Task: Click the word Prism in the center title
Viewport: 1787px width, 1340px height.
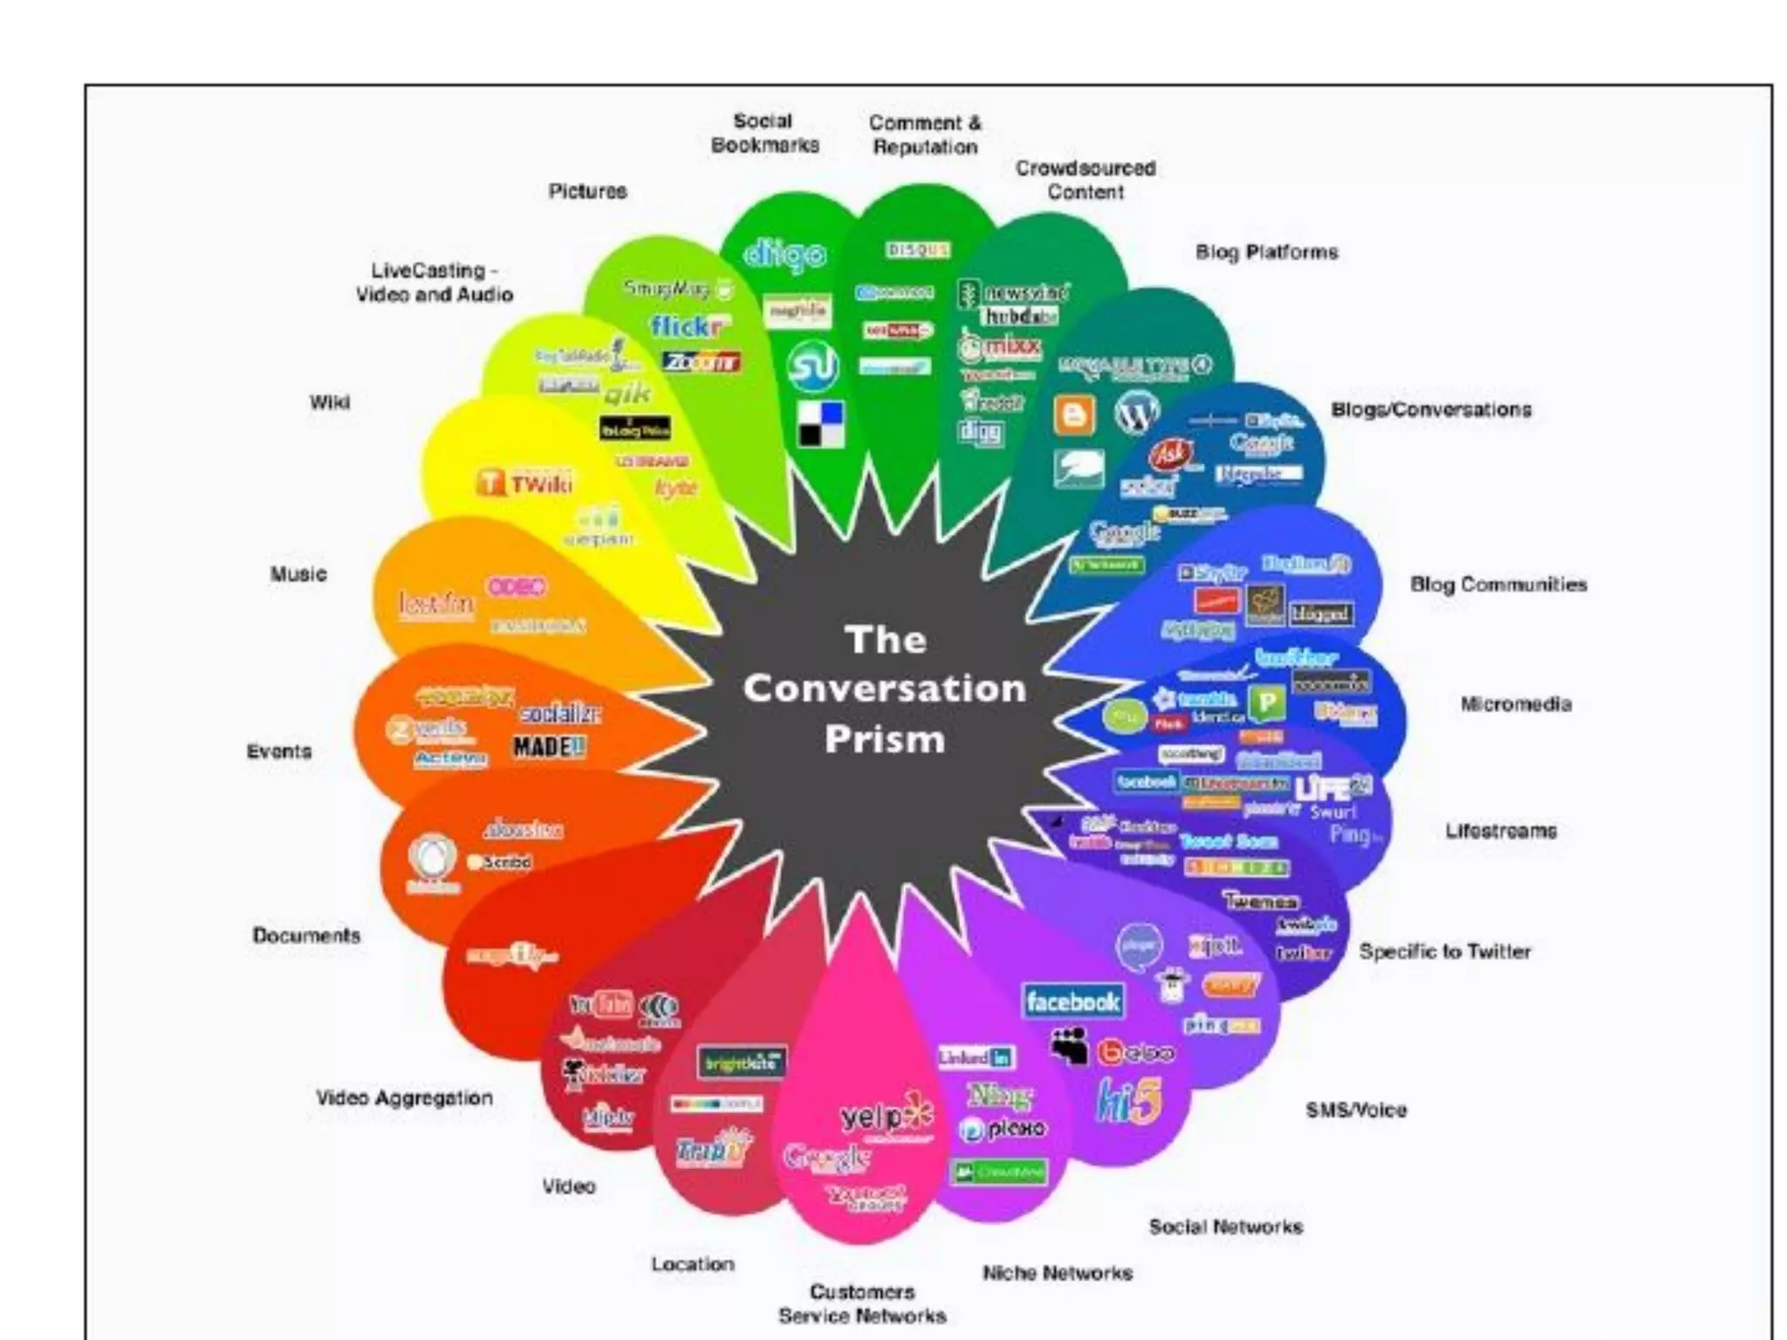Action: [x=885, y=740]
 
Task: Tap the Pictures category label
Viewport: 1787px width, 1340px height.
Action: [x=587, y=191]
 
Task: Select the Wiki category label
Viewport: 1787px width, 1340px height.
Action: [x=330, y=402]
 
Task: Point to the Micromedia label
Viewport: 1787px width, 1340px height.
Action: [x=1516, y=704]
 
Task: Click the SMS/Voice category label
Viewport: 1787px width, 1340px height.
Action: [x=1356, y=1110]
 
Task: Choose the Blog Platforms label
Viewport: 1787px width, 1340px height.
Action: [x=1266, y=252]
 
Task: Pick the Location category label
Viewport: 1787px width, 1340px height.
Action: [x=693, y=1264]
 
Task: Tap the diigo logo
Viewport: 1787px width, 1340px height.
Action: [x=784, y=254]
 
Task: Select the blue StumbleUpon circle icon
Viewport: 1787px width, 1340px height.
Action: [x=812, y=366]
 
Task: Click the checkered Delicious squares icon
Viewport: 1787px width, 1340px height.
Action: [x=822, y=424]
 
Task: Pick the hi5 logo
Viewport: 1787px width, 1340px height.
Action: [x=1129, y=1102]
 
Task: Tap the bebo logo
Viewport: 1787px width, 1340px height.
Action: [x=1135, y=1053]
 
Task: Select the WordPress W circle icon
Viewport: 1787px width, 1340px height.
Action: [x=1136, y=413]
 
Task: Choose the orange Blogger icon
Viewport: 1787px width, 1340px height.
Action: [x=1074, y=414]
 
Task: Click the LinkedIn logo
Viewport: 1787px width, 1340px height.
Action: [x=976, y=1057]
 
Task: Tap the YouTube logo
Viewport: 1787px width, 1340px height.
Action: [x=601, y=1004]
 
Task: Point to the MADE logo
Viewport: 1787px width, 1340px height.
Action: [x=549, y=747]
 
